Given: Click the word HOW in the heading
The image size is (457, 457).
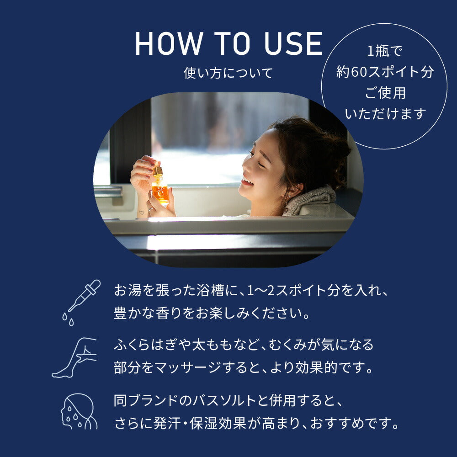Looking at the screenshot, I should tap(168, 44).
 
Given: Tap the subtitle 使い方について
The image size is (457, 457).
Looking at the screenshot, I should tap(228, 73).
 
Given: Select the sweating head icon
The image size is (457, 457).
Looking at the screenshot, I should tap(79, 411).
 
